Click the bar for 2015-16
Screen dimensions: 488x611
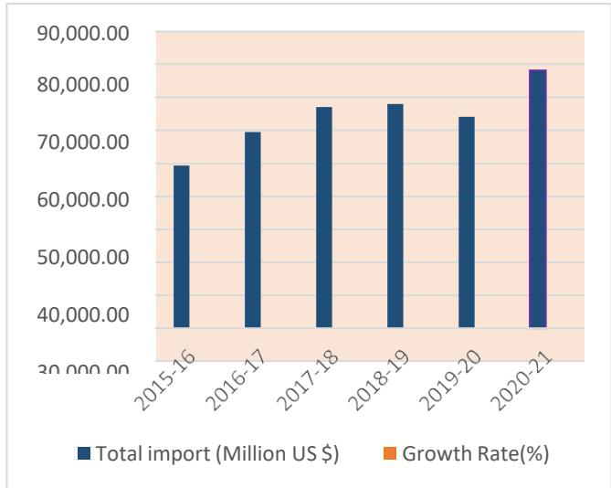point(182,246)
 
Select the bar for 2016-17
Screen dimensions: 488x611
point(253,229)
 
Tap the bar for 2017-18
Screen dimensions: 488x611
point(324,217)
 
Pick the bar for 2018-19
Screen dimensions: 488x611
point(395,215)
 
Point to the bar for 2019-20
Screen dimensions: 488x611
point(467,222)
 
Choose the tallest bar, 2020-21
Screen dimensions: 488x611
point(538,198)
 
